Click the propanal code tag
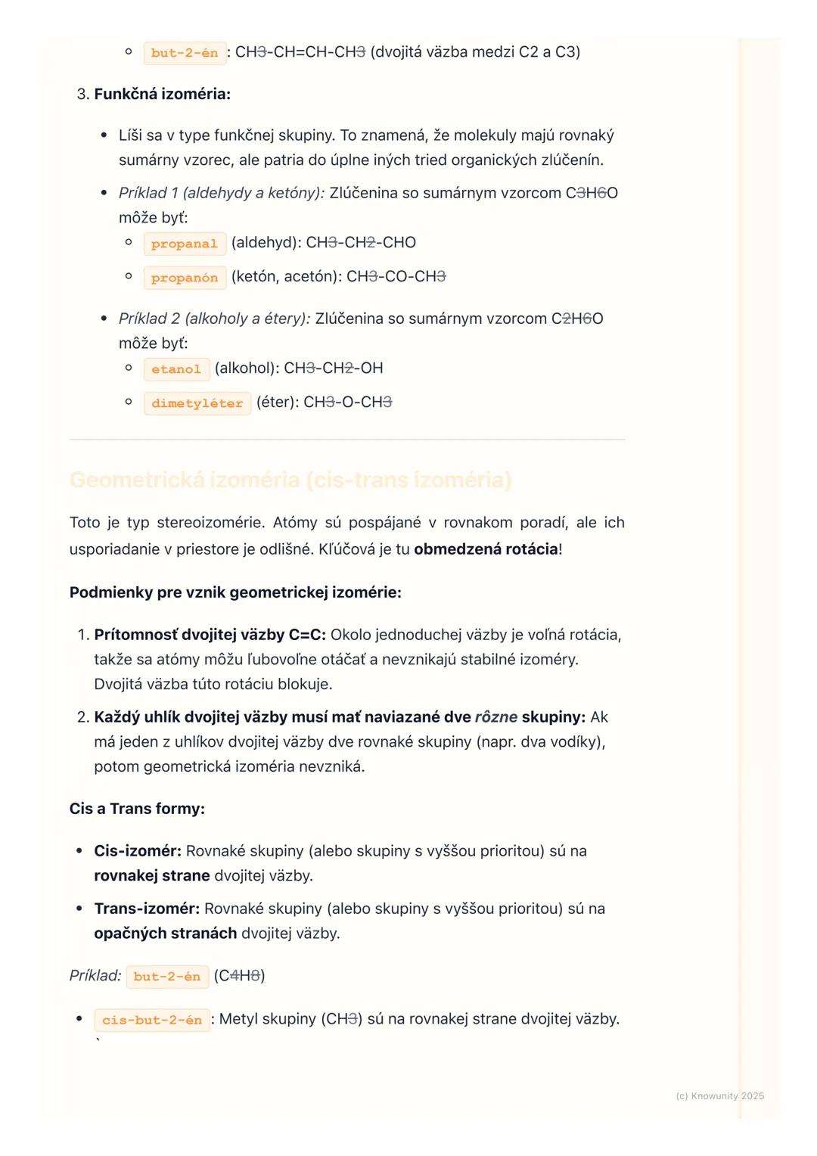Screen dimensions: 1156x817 tap(184, 244)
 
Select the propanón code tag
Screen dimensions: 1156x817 tap(184, 278)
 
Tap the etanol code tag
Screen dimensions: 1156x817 tap(176, 369)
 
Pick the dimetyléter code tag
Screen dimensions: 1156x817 tap(197, 403)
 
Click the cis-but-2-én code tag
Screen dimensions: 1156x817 tap(151, 1020)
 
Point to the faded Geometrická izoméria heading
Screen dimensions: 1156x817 tap(290, 480)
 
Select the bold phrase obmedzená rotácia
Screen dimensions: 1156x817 tap(486, 549)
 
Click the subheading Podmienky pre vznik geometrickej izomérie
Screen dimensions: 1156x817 tap(235, 592)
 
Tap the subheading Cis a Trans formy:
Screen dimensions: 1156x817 tap(137, 809)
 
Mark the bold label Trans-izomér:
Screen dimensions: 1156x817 tap(147, 909)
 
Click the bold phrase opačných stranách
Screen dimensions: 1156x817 tap(165, 934)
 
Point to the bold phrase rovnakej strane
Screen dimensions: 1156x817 tap(151, 876)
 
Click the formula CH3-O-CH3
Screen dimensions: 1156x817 tap(348, 402)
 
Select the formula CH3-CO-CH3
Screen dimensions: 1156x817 tap(396, 277)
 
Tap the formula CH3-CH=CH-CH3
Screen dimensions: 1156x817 tap(300, 52)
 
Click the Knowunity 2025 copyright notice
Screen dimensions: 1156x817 tap(719, 1096)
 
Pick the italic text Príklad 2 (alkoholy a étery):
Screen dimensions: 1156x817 tap(214, 319)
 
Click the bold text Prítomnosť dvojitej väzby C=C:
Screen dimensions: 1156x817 tap(210, 635)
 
